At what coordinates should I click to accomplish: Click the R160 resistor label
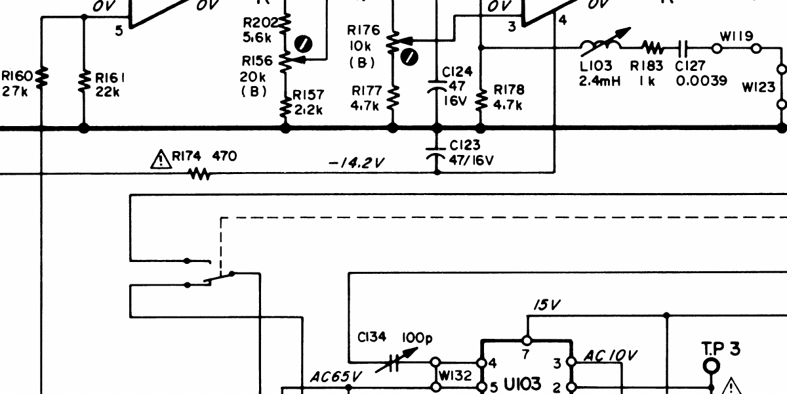point(17,76)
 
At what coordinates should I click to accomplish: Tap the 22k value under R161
point(107,92)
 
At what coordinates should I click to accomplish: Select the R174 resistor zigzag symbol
point(200,174)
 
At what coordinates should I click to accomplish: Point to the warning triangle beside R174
point(161,160)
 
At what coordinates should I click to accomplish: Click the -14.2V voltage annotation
point(356,163)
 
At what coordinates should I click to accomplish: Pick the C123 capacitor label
point(464,145)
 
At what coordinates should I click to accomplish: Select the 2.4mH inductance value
point(599,81)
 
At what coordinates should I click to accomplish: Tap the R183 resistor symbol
point(653,47)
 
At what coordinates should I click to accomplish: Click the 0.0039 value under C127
point(701,81)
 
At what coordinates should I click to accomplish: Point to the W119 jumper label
point(737,36)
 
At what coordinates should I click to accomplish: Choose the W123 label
point(758,87)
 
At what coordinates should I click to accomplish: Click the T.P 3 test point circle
point(712,366)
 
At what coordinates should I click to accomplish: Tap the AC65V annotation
point(335,377)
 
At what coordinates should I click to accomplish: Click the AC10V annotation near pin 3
point(610,356)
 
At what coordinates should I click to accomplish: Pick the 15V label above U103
point(547,305)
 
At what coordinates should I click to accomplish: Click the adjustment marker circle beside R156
point(303,45)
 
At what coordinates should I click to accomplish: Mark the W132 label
point(455,376)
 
